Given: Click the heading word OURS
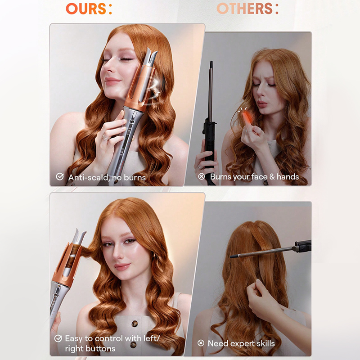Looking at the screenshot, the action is (x=86, y=9).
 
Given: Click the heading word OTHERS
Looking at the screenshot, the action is (x=244, y=9).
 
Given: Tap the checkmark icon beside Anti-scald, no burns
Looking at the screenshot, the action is (x=60, y=176).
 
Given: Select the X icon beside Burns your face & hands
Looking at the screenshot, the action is (x=201, y=176).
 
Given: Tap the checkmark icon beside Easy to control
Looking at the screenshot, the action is (x=58, y=338).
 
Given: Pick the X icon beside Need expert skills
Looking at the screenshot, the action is (x=201, y=343).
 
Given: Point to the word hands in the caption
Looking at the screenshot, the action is (x=288, y=176).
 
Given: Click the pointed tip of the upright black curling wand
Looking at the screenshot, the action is (x=211, y=62).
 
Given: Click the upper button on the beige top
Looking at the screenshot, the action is (x=135, y=324).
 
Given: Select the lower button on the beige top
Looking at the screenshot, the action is (x=133, y=344).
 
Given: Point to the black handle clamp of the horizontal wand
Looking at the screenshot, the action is (x=303, y=246).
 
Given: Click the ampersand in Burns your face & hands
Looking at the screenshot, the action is (x=272, y=176).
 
